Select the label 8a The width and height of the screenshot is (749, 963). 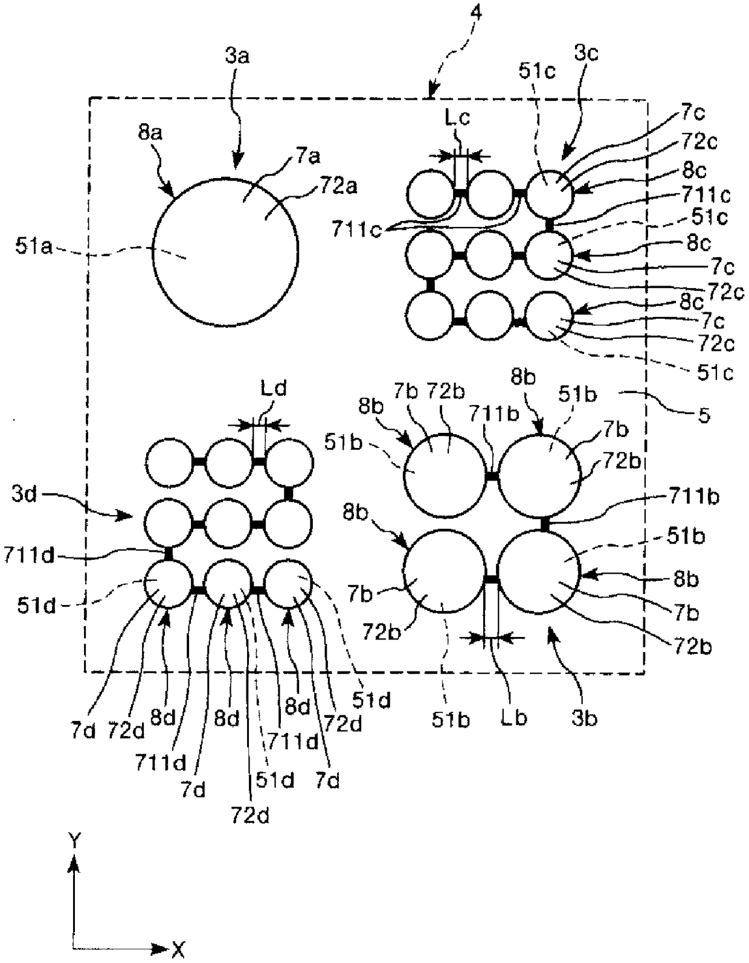(150, 132)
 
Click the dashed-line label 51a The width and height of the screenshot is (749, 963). (34, 247)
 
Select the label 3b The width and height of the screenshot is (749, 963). (584, 718)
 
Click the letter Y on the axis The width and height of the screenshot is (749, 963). (74, 840)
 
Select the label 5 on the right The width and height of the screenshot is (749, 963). (704, 415)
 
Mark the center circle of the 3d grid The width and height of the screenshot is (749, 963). (228, 524)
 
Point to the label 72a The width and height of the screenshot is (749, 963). (339, 186)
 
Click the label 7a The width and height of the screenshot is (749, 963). (308, 157)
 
